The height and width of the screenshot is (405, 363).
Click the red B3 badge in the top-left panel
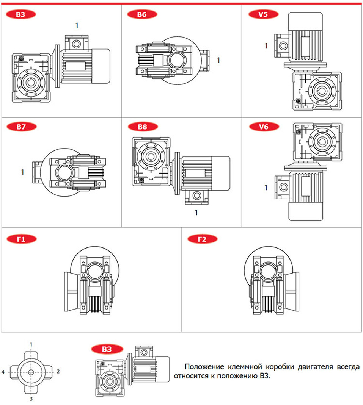tap(21, 14)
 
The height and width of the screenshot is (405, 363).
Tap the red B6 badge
tap(142, 14)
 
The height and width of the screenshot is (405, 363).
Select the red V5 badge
tap(263, 14)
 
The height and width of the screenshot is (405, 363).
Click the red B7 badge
tap(21, 127)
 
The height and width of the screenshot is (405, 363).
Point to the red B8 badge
tap(143, 127)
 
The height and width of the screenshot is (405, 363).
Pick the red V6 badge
tap(264, 127)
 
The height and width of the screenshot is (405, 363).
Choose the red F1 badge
tap(22, 239)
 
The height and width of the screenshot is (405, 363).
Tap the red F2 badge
tap(202, 239)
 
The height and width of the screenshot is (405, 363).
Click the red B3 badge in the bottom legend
tap(107, 349)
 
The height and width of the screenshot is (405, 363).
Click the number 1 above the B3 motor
tap(77, 25)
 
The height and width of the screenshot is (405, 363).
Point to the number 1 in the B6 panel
tap(218, 60)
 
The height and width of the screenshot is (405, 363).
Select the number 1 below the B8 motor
tap(196, 213)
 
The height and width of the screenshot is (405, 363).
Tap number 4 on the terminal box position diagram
tap(3, 372)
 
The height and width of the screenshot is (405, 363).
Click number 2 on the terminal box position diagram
tap(58, 371)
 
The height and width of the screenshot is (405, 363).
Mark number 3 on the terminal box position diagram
tap(31, 399)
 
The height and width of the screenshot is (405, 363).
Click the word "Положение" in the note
tap(204, 367)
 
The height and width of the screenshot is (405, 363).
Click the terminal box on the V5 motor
tap(282, 46)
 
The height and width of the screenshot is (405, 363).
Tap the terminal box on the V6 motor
tap(282, 187)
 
